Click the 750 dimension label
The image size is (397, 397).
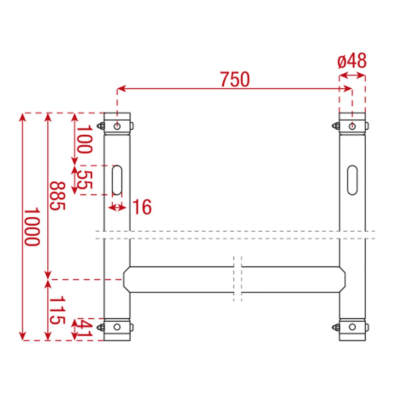(x=235, y=79)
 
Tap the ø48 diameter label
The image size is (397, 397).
(x=352, y=61)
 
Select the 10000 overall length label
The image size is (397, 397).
(x=32, y=226)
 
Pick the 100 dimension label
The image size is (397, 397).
(x=84, y=139)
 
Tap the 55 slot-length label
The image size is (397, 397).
(x=84, y=179)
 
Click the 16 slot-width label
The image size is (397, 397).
(x=142, y=207)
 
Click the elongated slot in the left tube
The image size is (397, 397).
(x=117, y=180)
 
